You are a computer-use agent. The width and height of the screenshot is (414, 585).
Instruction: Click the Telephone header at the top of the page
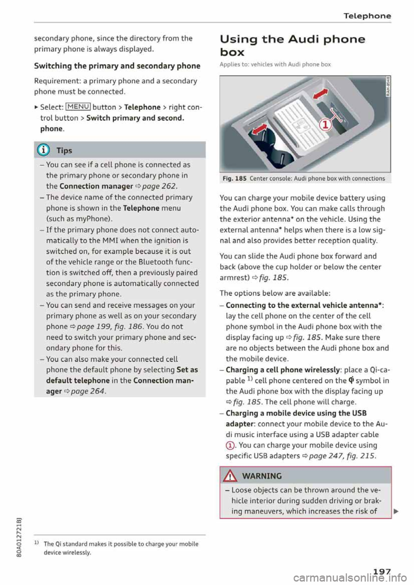point(367,16)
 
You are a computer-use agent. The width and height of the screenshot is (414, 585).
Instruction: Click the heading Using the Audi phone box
point(292,45)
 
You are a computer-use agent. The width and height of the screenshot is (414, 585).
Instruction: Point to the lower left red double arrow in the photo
point(259,129)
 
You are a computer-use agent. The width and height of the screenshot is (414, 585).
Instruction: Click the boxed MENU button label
point(78,107)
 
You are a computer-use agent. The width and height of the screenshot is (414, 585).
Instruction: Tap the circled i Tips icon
point(45,150)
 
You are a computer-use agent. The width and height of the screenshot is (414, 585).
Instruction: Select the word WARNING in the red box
point(262,476)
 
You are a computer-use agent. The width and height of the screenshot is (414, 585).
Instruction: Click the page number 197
point(382,571)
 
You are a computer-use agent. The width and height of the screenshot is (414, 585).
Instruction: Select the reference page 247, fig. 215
point(342,456)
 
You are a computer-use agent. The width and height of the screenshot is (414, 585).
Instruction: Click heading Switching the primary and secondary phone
point(117,66)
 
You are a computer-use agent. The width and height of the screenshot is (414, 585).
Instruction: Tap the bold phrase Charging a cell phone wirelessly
point(283,370)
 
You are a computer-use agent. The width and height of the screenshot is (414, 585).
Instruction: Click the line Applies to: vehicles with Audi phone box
point(275,64)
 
